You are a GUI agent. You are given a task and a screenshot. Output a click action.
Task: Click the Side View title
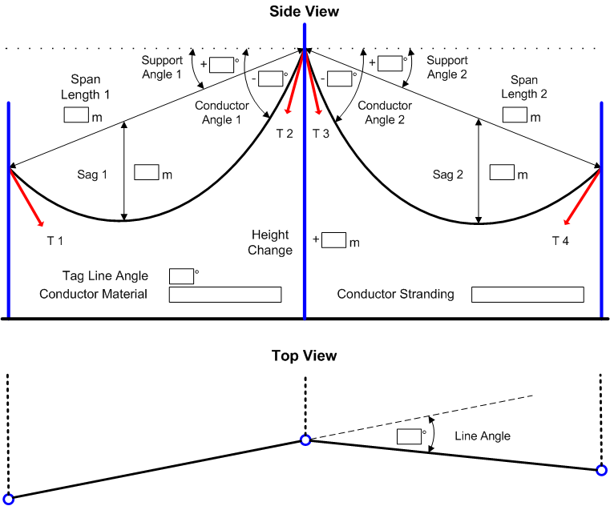pos(305,11)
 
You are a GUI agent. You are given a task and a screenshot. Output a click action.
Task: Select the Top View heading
pos(304,355)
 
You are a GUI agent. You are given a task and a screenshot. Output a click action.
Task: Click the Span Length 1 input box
pos(76,115)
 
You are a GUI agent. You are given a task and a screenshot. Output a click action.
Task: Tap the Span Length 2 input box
pos(515,115)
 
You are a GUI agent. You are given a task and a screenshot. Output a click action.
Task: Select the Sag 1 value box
pos(147,172)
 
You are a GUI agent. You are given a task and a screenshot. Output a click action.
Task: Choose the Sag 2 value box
pos(502,172)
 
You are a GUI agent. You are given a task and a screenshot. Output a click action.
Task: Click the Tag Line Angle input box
pos(181,276)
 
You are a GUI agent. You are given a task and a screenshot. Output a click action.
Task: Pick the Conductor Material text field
pos(225,295)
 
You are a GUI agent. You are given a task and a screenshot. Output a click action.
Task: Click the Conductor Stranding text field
pos(527,295)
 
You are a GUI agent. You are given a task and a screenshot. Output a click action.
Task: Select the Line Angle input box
pos(409,436)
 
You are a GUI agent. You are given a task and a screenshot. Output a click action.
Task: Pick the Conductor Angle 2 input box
pos(341,78)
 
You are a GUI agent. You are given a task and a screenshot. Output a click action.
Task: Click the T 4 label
pos(561,239)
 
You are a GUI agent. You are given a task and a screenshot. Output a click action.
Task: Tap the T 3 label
pos(321,133)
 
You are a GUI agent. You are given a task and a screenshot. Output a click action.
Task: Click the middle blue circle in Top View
pos(305,440)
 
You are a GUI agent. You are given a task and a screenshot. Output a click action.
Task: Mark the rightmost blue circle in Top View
pos(601,470)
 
